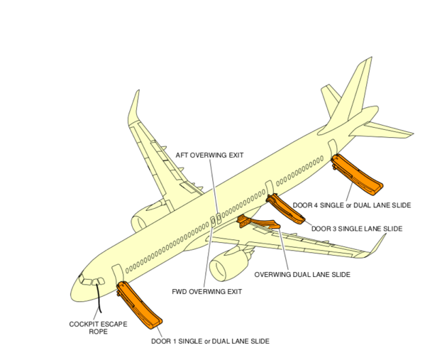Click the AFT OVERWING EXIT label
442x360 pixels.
210,156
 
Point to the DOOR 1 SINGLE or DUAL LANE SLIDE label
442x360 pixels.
210,342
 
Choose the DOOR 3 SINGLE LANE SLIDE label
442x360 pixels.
357,229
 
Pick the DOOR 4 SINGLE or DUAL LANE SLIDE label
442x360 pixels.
351,205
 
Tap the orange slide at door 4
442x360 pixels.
358,174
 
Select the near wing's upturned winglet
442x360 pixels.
377,245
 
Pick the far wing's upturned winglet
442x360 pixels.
133,107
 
